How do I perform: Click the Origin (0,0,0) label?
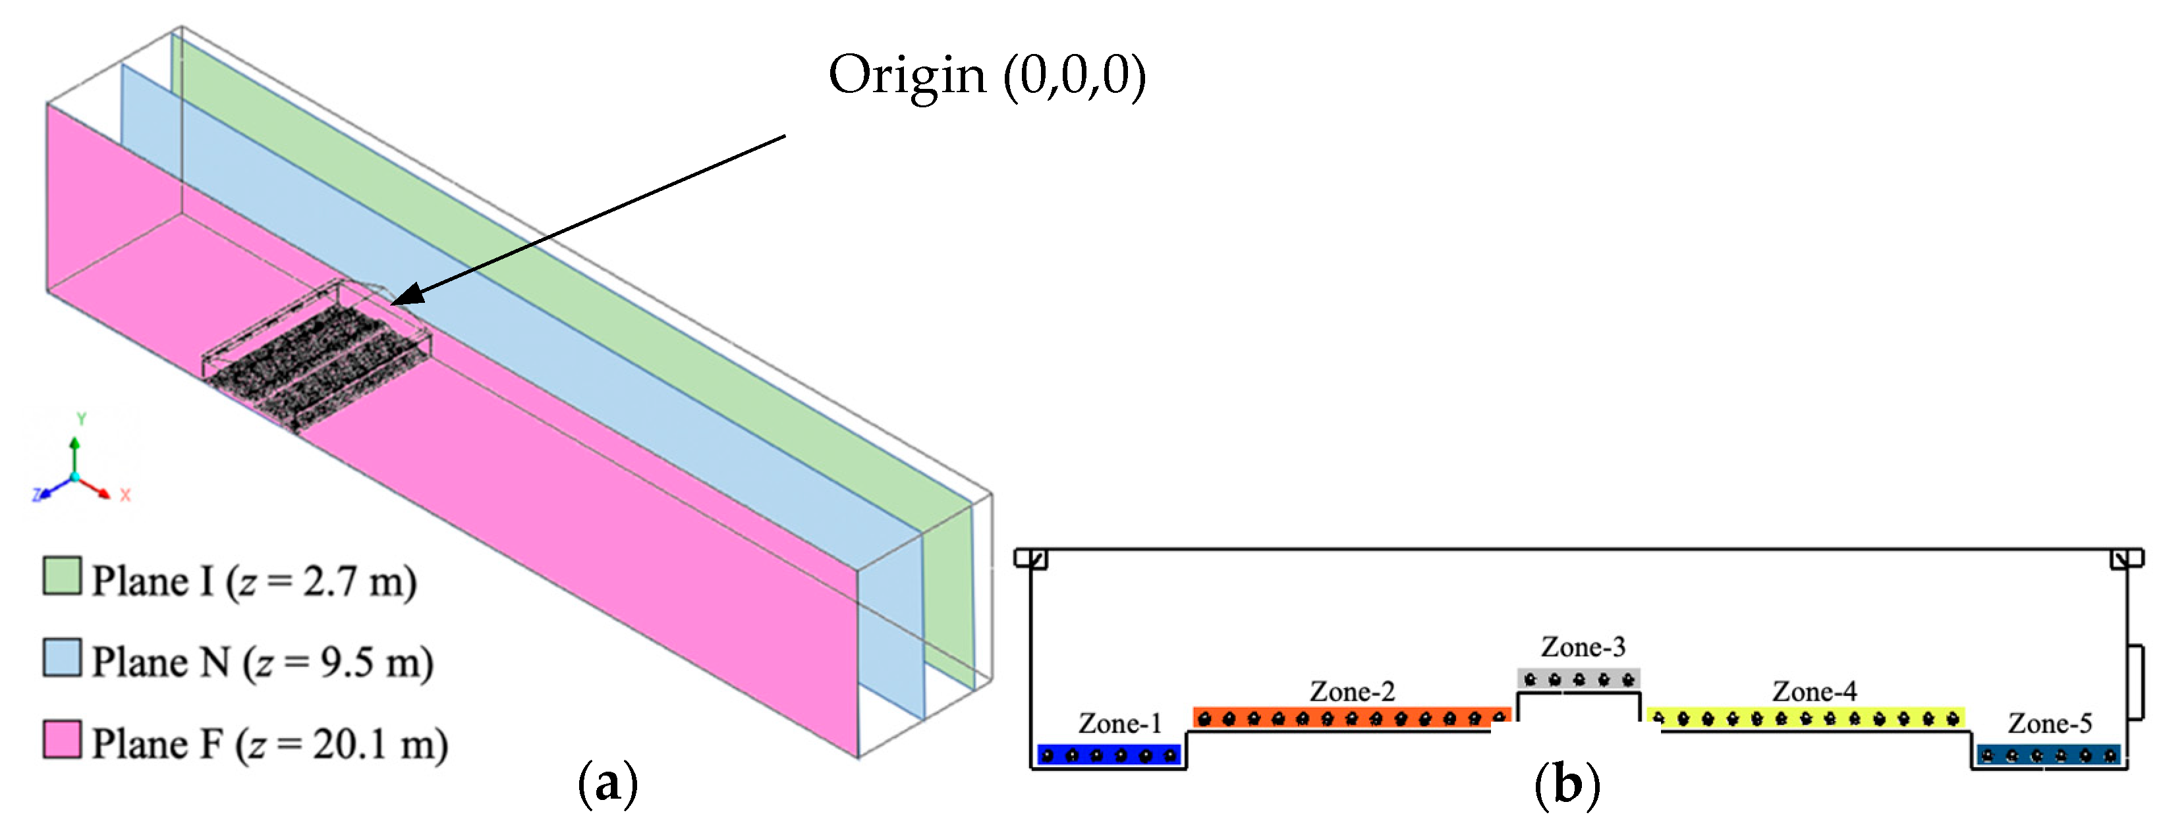point(987,76)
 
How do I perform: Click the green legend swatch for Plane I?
point(62,576)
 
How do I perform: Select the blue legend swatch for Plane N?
point(62,658)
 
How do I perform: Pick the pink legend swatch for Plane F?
point(62,739)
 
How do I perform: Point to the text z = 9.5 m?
point(338,663)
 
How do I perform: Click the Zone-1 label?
point(1119,724)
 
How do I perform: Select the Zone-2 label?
point(1351,691)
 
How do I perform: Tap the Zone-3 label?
point(1583,647)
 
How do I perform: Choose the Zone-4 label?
point(1814,691)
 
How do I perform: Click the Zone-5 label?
point(2050,724)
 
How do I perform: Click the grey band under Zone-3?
point(1579,678)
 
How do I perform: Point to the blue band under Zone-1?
point(1109,755)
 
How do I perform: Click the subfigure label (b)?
point(1567,785)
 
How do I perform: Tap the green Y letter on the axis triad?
point(82,418)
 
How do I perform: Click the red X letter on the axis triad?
point(125,495)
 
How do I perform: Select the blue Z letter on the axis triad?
point(37,495)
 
